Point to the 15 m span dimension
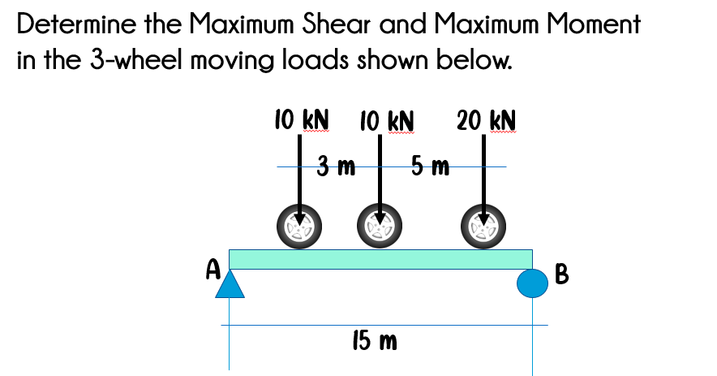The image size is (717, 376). coord(375,341)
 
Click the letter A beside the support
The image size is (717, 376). coord(213,270)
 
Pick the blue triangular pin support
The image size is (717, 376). coord(230,285)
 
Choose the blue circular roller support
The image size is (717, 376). coord(532,283)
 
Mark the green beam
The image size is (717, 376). coord(380,259)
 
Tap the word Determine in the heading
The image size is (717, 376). coord(69,24)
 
